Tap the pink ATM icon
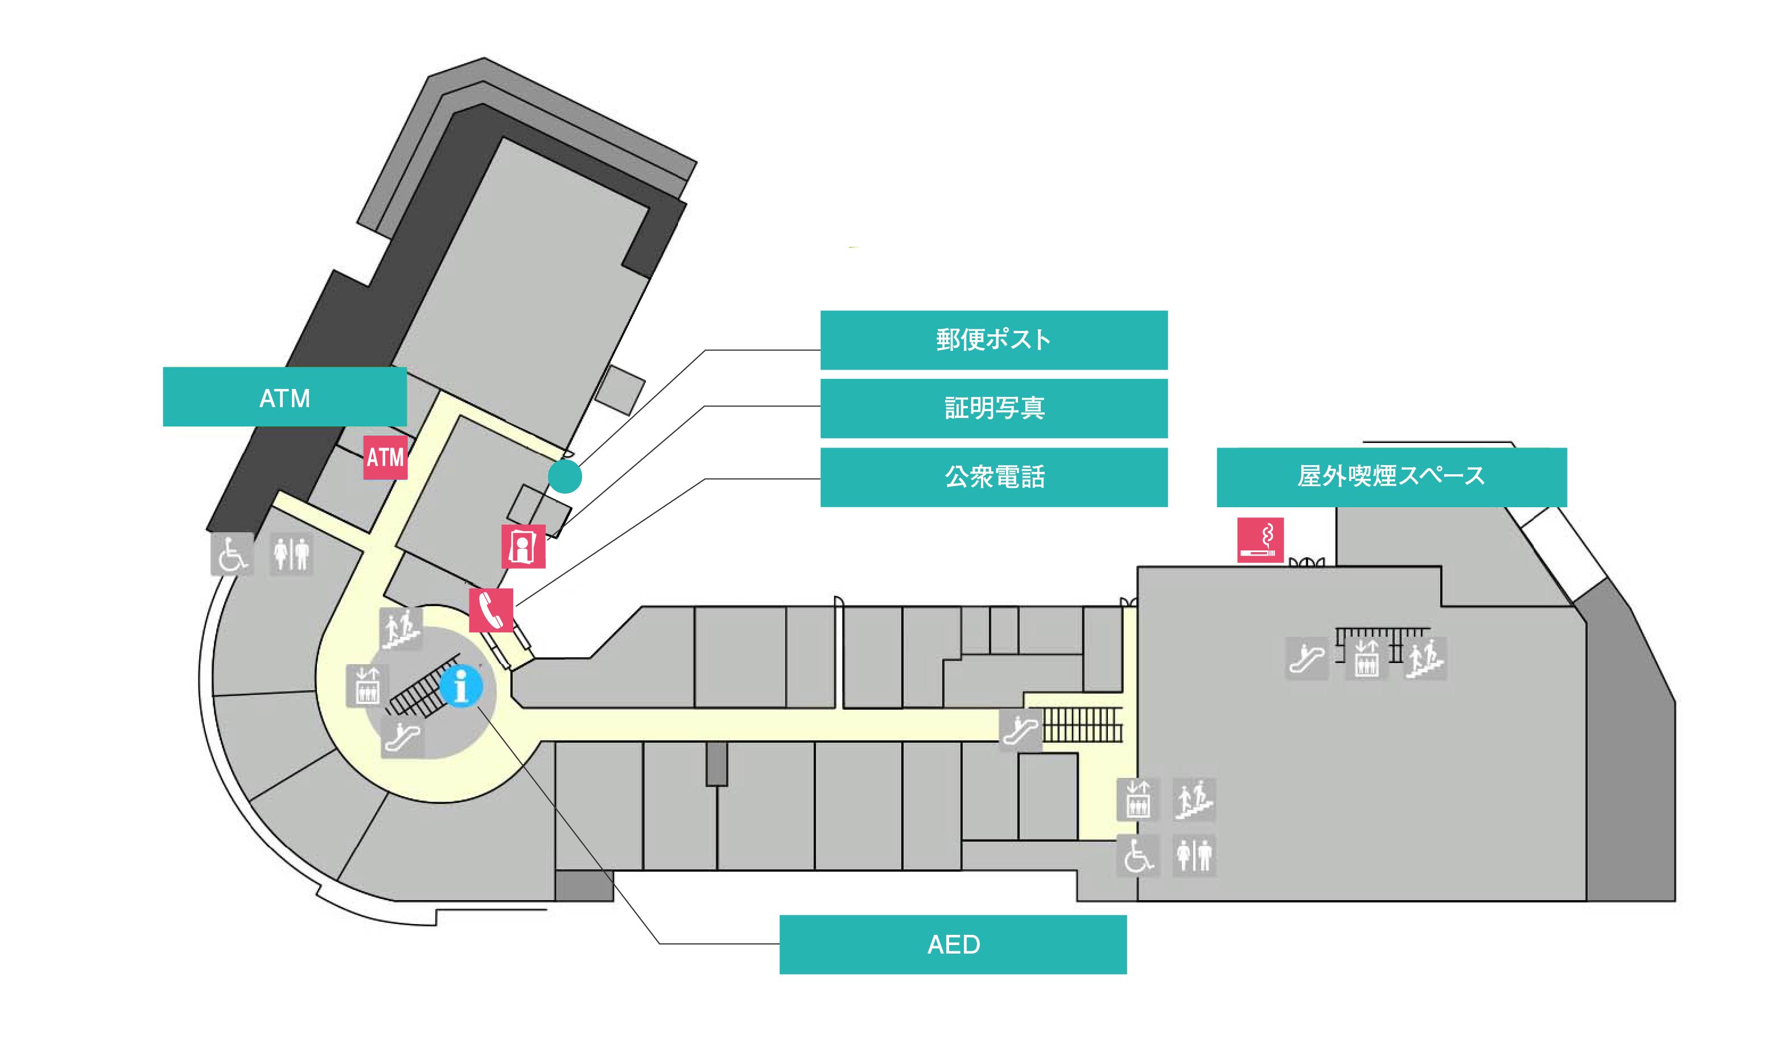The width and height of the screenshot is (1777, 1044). pos(385,458)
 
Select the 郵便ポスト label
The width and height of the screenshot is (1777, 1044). pos(993,340)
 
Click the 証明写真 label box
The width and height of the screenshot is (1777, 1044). pos(993,408)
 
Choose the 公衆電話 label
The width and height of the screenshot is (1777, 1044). pos(993,477)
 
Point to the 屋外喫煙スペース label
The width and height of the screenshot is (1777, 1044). pos(1391,477)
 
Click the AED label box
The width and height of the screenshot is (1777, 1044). pos(953,944)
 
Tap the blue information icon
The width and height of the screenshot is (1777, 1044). pos(461,686)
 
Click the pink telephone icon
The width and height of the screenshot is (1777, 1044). pos(492,610)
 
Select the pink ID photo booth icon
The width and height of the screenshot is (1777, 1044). pos(522,546)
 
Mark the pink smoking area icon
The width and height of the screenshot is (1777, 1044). pos(1260,540)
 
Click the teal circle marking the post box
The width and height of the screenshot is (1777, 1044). pos(565,477)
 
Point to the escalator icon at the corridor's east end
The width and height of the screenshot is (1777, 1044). pos(1020,730)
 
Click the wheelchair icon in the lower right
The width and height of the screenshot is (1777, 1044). pos(1137,855)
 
